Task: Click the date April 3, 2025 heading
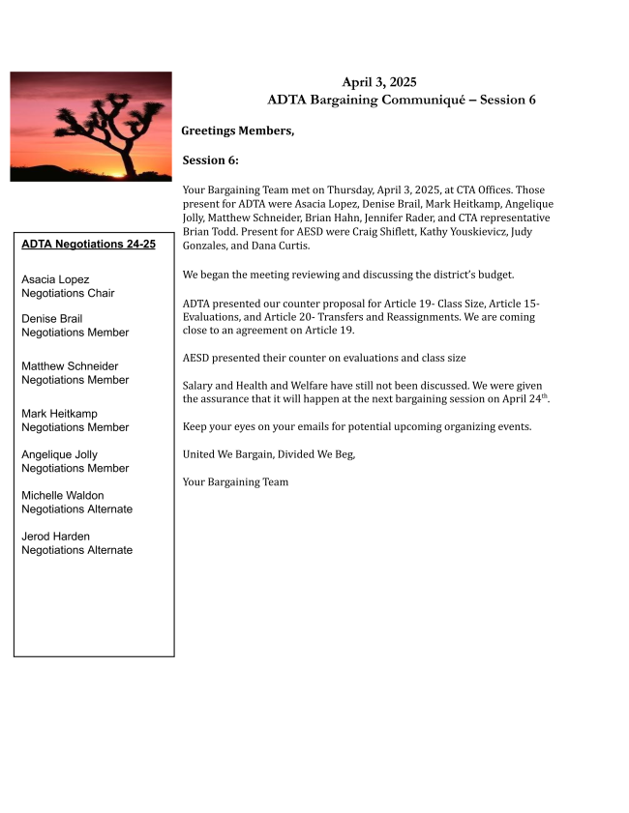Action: tap(378, 82)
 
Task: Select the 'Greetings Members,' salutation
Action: tap(237, 131)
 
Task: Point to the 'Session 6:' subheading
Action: tap(210, 160)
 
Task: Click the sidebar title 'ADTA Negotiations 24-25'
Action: tap(88, 245)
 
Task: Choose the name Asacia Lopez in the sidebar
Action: tap(55, 279)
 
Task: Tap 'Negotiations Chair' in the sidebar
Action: tap(68, 293)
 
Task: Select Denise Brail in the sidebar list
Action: tap(52, 319)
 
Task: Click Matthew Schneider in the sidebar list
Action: tap(70, 366)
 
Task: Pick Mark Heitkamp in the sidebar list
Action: tap(61, 414)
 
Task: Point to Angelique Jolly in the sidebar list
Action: tap(59, 454)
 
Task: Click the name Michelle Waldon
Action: tap(63, 495)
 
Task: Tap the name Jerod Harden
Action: tap(55, 536)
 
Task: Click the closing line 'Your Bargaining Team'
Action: tap(235, 481)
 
